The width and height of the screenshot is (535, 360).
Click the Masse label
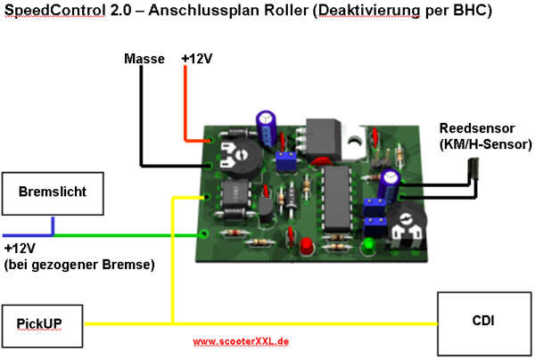[144, 60]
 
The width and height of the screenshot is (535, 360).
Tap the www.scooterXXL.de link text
[240, 340]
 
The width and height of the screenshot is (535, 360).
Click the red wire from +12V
[185, 107]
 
